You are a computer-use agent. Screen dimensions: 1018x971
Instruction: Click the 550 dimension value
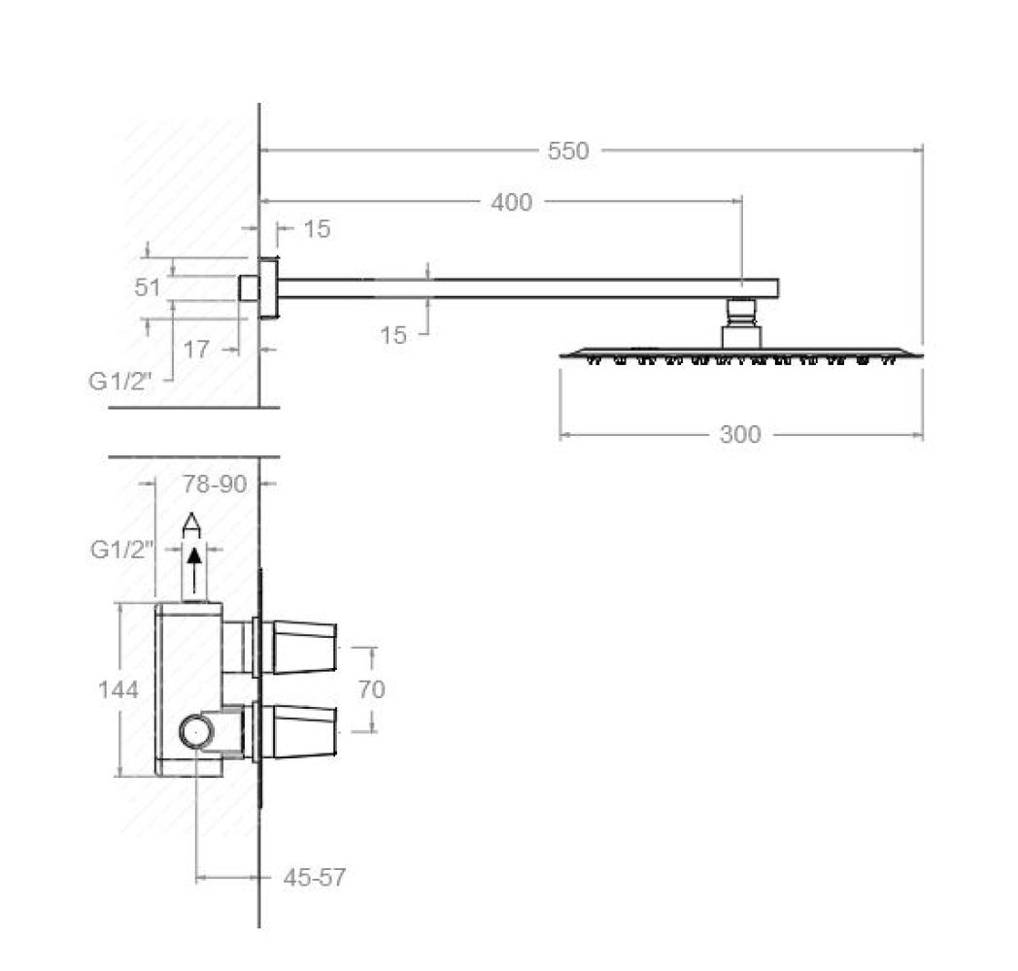[568, 151]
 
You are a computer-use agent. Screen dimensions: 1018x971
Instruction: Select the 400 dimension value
[512, 203]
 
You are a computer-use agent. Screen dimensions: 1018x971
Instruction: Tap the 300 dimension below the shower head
[740, 434]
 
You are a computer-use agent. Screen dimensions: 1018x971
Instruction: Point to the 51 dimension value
[148, 287]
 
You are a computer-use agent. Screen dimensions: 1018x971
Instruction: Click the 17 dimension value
[196, 350]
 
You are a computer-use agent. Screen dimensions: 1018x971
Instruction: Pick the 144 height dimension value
[119, 689]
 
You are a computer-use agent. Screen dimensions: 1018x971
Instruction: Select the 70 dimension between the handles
[372, 689]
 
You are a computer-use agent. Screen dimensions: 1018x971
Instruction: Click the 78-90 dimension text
[215, 485]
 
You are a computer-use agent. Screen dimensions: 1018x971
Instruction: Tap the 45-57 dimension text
[314, 878]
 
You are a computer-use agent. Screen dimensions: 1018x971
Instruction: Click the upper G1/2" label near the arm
[120, 382]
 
